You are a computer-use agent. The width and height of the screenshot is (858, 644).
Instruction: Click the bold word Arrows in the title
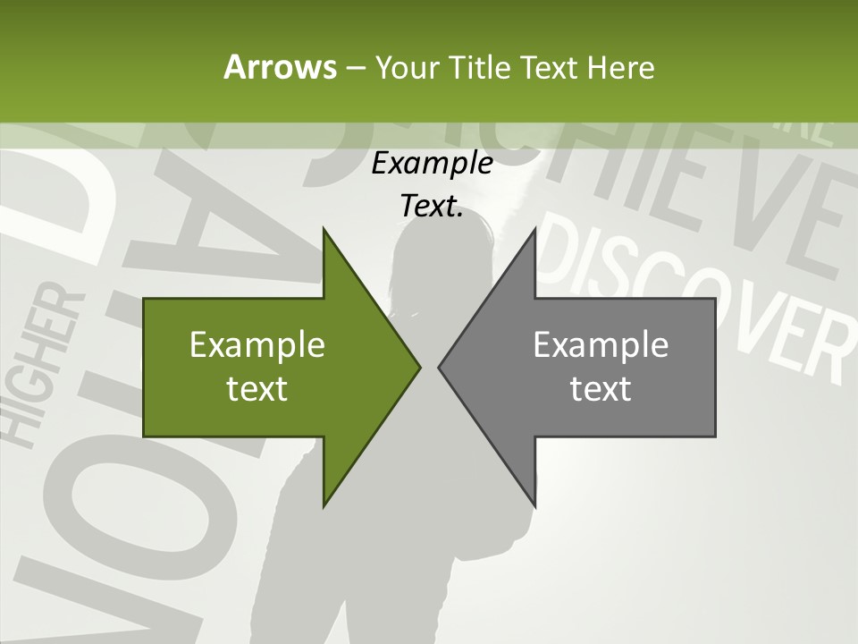(x=279, y=67)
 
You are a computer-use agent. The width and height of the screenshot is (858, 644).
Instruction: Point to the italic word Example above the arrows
(x=432, y=164)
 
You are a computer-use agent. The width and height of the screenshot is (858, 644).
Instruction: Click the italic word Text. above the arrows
(x=432, y=206)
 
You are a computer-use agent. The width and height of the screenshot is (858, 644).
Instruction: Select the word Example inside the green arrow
(x=257, y=345)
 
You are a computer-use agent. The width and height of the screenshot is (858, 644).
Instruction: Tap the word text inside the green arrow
(x=257, y=389)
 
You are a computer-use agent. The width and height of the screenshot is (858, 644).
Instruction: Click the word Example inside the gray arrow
(x=601, y=345)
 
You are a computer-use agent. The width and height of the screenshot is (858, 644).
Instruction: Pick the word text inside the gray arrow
(x=601, y=389)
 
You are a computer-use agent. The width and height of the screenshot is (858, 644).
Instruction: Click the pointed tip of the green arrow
(x=419, y=367)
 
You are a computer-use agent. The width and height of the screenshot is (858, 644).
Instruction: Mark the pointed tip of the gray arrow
(x=440, y=367)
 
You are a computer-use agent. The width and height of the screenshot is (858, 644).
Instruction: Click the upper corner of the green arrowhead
(x=324, y=229)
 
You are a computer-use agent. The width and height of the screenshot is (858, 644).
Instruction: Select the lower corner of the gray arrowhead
(x=535, y=506)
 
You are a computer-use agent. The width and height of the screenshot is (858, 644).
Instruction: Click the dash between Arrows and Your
(x=355, y=68)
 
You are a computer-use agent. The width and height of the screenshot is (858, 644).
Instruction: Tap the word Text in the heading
(x=549, y=68)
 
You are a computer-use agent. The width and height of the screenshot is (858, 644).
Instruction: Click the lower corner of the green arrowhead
(x=324, y=506)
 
